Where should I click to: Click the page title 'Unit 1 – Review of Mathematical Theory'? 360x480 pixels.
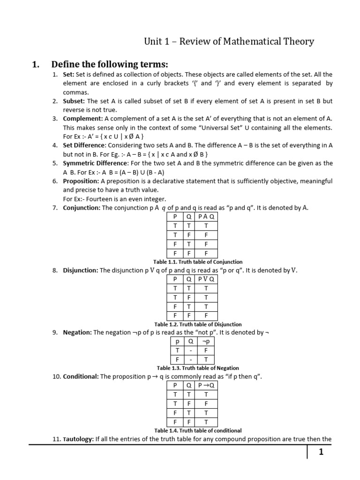228,42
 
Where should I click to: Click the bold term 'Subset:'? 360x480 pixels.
74,101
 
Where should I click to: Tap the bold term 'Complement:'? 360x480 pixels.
83,119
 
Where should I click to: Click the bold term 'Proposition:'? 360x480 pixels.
81,181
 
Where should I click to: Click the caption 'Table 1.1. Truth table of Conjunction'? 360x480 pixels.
198,262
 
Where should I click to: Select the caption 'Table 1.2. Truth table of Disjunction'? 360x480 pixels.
198,324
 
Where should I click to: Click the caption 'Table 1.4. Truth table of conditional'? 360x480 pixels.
198,430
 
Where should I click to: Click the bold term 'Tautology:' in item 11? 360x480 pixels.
78,439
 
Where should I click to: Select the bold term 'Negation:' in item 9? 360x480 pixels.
77,332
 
